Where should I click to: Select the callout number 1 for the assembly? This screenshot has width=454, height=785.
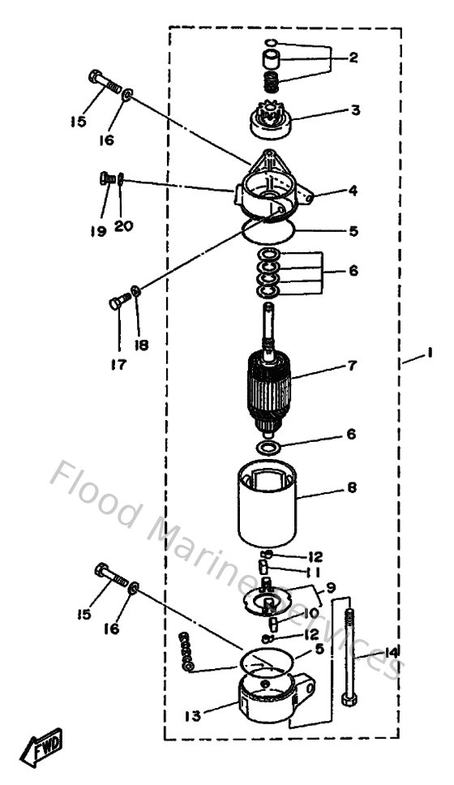pos(430,354)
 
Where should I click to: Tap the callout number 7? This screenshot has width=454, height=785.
pos(351,366)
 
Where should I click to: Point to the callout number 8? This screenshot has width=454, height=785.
pos(351,489)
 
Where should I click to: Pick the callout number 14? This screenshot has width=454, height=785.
pos(392,652)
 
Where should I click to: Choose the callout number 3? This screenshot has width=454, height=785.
pos(354,109)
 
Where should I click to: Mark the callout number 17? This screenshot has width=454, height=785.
pos(118,365)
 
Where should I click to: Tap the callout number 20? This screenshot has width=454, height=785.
pos(123,226)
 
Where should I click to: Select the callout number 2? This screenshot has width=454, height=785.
pos(354,58)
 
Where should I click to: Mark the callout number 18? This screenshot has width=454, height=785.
pos(142,345)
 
